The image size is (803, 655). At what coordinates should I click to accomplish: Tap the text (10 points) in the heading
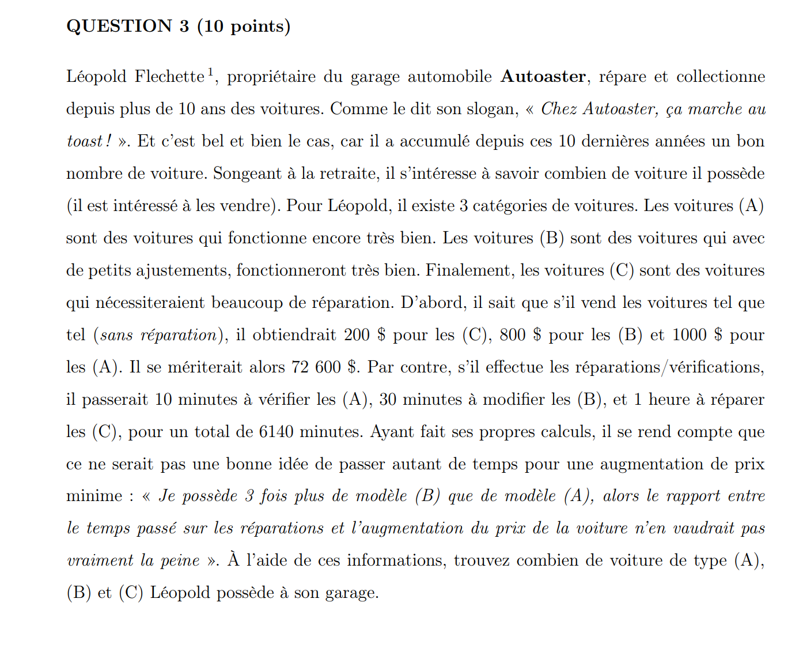244,27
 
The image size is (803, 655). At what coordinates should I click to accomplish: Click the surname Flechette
169,77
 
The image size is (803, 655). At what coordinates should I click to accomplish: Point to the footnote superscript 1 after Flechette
211,72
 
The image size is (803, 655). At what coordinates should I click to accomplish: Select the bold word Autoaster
543,77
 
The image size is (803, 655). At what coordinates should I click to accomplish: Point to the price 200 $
365,335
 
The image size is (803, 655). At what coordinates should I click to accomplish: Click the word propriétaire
271,77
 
